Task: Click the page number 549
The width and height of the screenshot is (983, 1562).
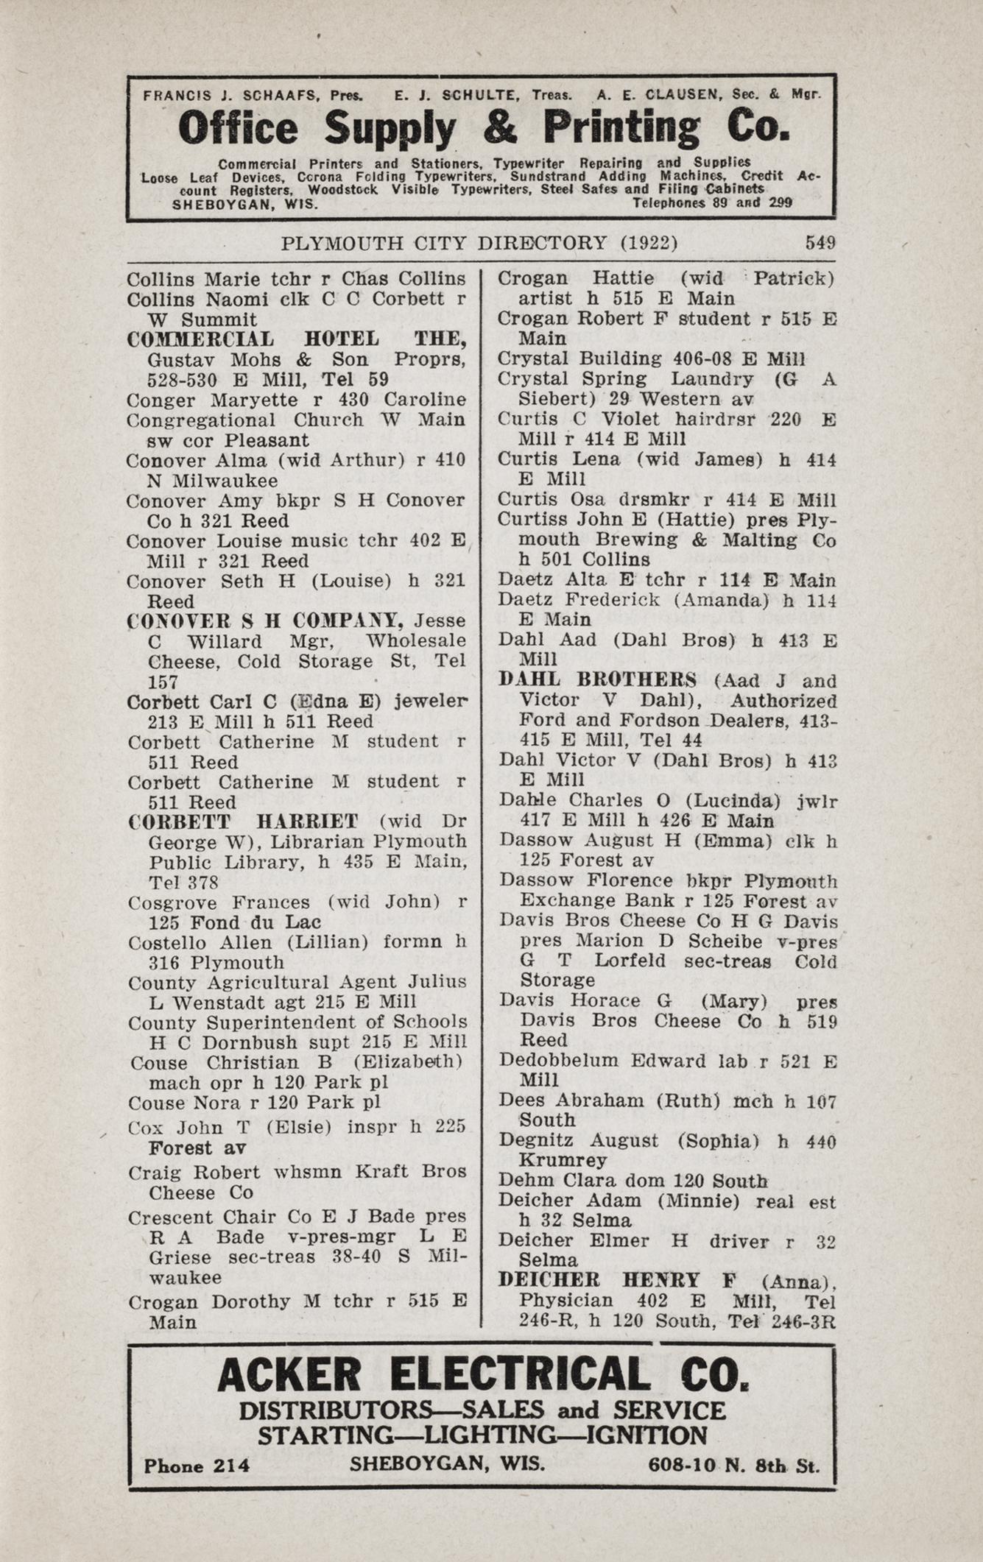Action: point(820,243)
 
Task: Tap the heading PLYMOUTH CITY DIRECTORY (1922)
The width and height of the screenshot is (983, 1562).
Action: point(479,243)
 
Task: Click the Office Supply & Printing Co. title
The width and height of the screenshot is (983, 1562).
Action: point(484,128)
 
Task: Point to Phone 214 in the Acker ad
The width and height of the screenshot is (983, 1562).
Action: point(197,1466)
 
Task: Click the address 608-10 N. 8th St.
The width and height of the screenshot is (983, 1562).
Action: point(733,1465)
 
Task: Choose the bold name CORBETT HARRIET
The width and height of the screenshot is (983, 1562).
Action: point(243,821)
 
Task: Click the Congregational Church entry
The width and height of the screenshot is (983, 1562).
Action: point(245,420)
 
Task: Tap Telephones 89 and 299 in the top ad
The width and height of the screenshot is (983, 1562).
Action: point(712,203)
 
